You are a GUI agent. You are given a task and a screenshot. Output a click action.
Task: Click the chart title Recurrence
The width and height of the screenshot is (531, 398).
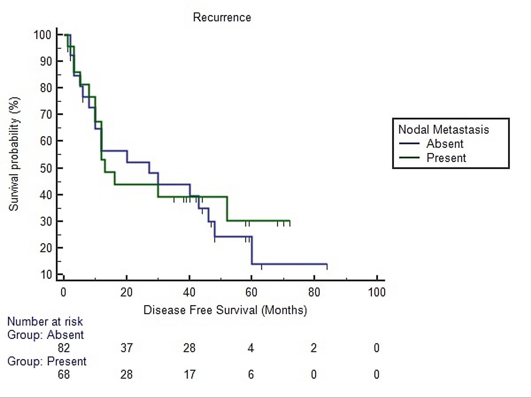[x=222, y=18]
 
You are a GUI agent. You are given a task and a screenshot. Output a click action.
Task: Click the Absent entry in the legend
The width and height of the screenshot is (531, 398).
[x=445, y=144]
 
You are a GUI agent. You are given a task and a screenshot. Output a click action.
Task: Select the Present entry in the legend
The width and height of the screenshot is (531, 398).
[x=446, y=158]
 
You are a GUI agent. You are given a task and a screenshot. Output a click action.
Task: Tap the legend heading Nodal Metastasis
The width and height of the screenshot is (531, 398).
[x=443, y=130]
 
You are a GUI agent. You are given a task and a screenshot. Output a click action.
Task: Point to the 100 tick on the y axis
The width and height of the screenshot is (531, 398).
[x=42, y=35]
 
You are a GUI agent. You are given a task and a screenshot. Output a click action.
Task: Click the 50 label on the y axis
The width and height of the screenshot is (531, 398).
[x=46, y=168]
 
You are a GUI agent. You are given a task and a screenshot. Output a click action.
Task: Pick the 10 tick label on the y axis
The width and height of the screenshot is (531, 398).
[x=46, y=275]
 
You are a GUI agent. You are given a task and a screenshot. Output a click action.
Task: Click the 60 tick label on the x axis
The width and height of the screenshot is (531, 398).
[x=251, y=292]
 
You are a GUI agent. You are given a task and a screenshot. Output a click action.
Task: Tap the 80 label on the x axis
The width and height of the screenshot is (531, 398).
[x=314, y=292]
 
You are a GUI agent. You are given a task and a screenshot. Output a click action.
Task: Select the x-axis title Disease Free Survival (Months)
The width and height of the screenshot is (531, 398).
[x=225, y=310]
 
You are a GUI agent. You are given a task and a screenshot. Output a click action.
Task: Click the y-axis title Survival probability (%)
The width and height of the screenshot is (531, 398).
[x=14, y=154]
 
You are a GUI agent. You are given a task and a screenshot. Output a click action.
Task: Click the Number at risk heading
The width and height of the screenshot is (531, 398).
[x=45, y=322]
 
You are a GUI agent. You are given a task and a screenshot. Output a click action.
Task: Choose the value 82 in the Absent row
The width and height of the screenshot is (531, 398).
[x=64, y=348]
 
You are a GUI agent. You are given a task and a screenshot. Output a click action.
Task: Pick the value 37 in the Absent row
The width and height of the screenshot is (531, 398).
[x=126, y=348]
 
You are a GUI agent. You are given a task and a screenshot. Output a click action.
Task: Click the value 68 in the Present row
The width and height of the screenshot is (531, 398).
[x=64, y=374]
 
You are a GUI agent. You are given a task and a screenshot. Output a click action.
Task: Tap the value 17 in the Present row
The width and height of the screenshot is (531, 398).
[x=189, y=374]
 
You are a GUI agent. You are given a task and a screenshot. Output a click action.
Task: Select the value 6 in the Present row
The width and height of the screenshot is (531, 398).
[x=251, y=374]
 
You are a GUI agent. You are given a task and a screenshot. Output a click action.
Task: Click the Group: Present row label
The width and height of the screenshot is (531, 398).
[x=47, y=361]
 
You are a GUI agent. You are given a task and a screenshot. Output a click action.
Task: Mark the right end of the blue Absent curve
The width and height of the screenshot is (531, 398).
[x=327, y=264]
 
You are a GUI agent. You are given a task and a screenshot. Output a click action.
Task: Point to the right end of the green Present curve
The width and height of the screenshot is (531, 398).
[x=290, y=221]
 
